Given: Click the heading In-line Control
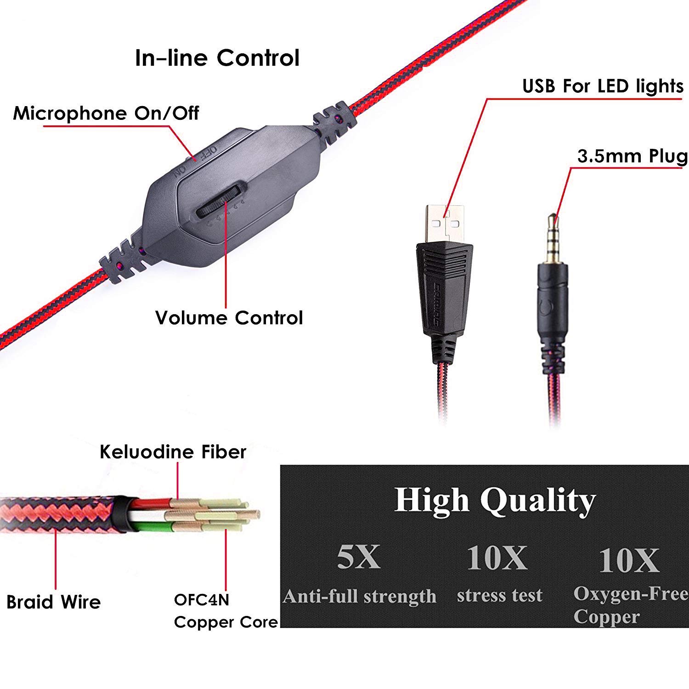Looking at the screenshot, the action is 217,58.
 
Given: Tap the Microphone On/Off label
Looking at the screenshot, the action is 106,113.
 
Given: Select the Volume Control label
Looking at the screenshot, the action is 229,318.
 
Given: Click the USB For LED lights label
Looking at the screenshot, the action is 603,86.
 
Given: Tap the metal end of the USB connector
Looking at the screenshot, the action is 444,223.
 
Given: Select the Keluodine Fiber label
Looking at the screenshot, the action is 173,452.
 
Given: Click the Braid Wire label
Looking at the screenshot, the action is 53,602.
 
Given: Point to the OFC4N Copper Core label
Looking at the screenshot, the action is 226,610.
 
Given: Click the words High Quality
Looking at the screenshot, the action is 495,500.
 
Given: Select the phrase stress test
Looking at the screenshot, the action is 500,595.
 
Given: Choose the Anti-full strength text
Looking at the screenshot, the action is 359,596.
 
